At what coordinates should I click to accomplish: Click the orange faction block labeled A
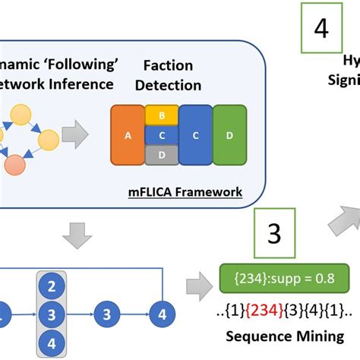pyautogui.click(x=126, y=135)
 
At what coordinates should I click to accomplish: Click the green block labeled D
pyautogui.click(x=229, y=135)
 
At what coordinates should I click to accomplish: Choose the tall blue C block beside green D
pyautogui.click(x=195, y=135)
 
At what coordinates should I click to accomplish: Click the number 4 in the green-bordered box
pyautogui.click(x=322, y=30)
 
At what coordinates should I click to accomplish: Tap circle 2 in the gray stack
pyautogui.click(x=52, y=287)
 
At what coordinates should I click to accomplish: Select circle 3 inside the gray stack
pyautogui.click(x=52, y=313)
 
